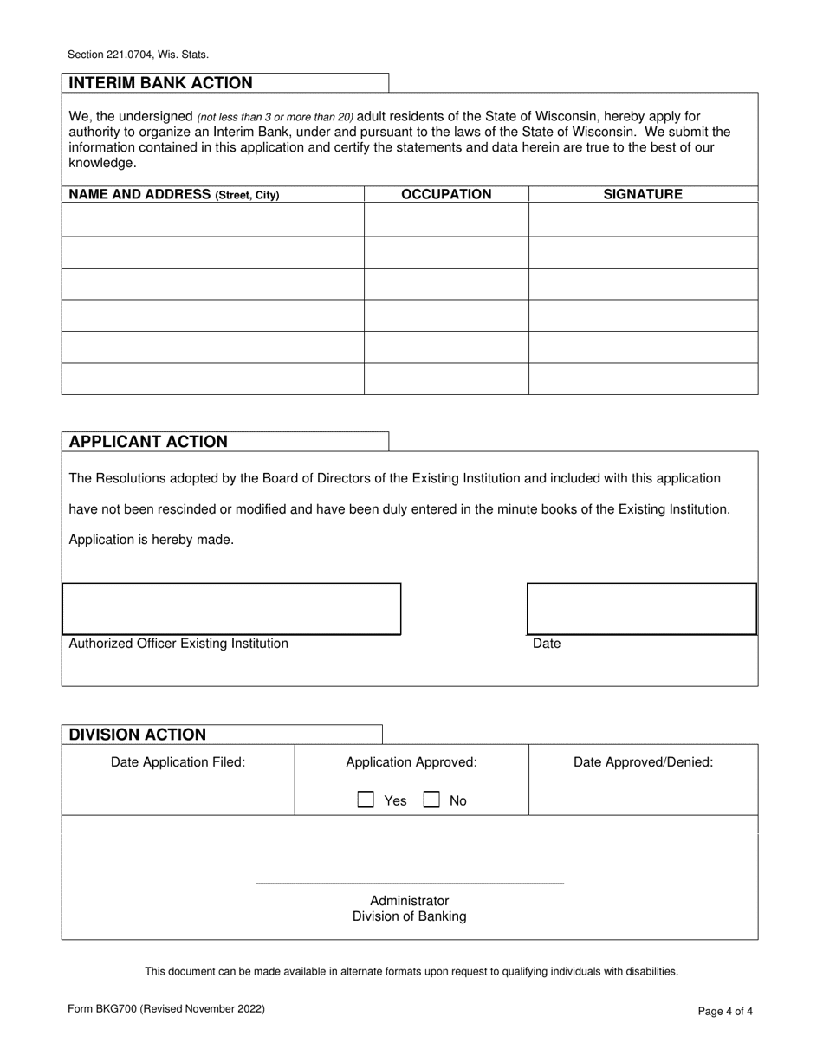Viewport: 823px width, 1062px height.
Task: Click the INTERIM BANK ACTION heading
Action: click(x=161, y=83)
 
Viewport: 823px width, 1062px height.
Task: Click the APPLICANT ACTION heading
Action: click(x=148, y=442)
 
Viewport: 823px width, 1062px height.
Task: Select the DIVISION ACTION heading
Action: click(x=138, y=735)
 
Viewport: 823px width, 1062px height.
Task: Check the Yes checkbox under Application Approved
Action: click(x=366, y=800)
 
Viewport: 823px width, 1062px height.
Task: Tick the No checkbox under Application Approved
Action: click(x=431, y=800)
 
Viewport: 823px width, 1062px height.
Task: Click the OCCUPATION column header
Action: click(x=446, y=194)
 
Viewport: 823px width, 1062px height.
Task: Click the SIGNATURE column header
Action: click(x=643, y=194)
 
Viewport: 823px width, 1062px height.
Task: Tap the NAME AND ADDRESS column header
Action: click(x=174, y=194)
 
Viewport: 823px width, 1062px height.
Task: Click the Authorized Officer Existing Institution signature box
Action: click(x=231, y=609)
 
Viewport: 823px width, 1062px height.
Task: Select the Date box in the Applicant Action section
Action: click(x=642, y=609)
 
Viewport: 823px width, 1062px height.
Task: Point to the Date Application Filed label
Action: click(x=178, y=762)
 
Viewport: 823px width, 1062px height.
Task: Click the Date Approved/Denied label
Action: click(x=643, y=762)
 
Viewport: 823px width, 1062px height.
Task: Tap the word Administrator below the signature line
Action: click(x=409, y=901)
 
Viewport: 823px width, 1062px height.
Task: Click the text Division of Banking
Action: click(x=409, y=916)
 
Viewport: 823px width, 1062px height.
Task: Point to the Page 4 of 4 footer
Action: click(x=726, y=1011)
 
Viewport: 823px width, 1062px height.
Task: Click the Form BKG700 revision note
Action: click(x=166, y=1008)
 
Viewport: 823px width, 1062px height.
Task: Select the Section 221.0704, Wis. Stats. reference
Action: click(x=138, y=55)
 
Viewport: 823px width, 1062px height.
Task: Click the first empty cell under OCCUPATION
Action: click(x=446, y=219)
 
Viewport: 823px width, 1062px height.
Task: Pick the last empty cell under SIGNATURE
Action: click(x=643, y=379)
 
